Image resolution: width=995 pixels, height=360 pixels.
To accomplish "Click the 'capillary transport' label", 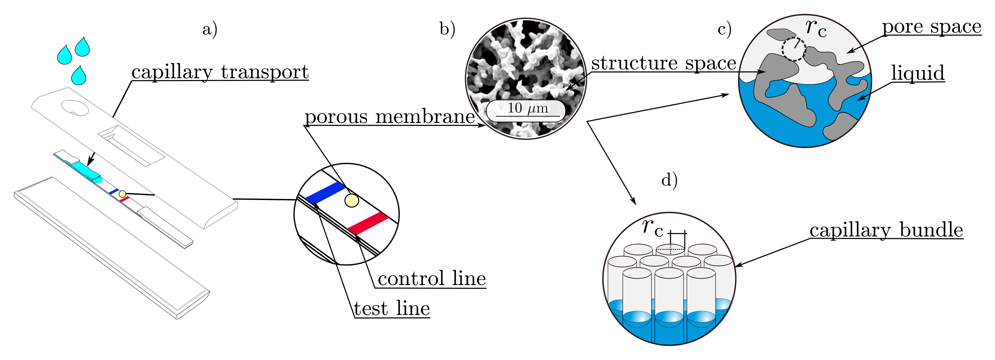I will [220, 72].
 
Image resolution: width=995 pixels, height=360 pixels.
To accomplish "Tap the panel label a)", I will [210, 29].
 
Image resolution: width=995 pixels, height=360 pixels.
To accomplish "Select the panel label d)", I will [669, 180].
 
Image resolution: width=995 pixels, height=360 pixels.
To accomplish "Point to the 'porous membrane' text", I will [389, 117].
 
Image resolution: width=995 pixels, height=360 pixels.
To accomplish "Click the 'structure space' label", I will [663, 63].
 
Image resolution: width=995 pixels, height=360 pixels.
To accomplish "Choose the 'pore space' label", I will [931, 27].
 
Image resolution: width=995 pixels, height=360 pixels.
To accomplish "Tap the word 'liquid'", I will [917, 73].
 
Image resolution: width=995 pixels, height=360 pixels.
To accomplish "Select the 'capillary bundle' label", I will [886, 230].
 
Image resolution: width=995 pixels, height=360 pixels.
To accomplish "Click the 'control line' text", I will [432, 279].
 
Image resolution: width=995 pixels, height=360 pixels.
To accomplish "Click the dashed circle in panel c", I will [794, 49].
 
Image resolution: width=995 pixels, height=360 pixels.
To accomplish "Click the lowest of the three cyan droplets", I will [79, 76].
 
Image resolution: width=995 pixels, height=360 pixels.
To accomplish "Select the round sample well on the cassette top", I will [75, 108].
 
